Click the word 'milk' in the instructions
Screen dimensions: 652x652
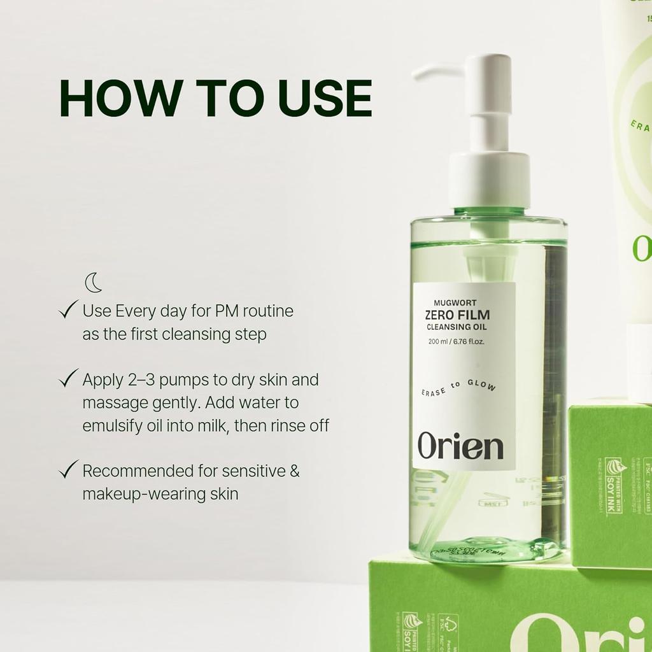pyautogui.click(x=209, y=425)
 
